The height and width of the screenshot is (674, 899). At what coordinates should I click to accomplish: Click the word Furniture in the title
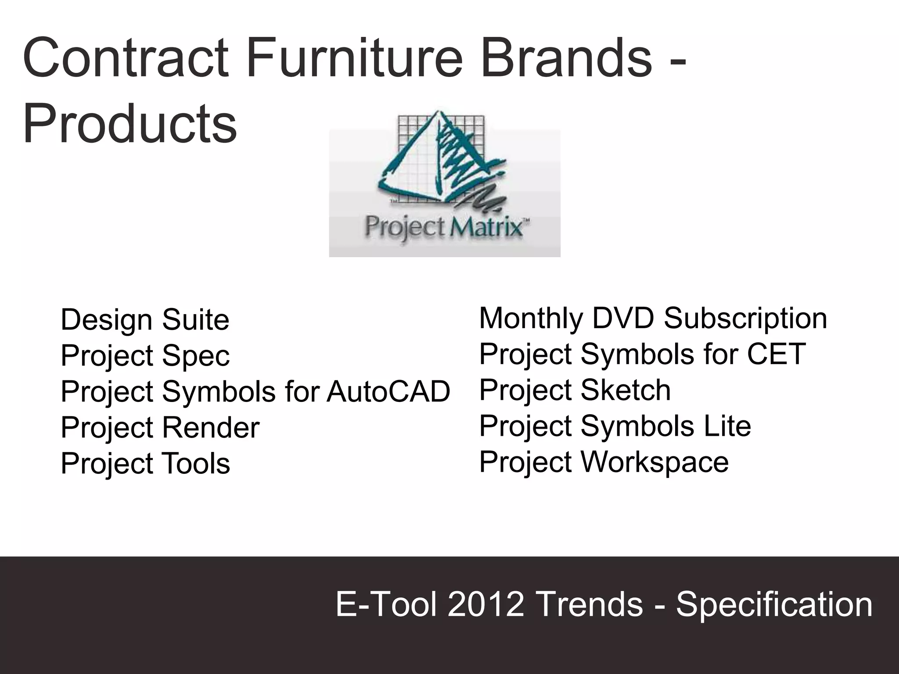(x=355, y=58)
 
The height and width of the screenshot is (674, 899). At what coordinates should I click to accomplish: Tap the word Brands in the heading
(x=566, y=58)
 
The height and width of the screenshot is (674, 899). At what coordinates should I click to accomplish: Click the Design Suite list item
(x=145, y=319)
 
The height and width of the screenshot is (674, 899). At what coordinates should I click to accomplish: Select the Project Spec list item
(x=145, y=355)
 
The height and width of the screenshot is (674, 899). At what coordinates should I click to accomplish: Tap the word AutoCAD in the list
(x=388, y=391)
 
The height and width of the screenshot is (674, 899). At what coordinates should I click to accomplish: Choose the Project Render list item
(x=160, y=427)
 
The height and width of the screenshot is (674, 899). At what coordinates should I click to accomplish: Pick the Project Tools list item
(x=145, y=463)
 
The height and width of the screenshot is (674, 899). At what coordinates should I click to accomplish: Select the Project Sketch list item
(x=575, y=390)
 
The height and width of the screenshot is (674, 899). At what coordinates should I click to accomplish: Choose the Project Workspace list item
(x=604, y=462)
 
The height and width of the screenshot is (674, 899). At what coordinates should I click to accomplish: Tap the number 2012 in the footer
(x=486, y=604)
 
